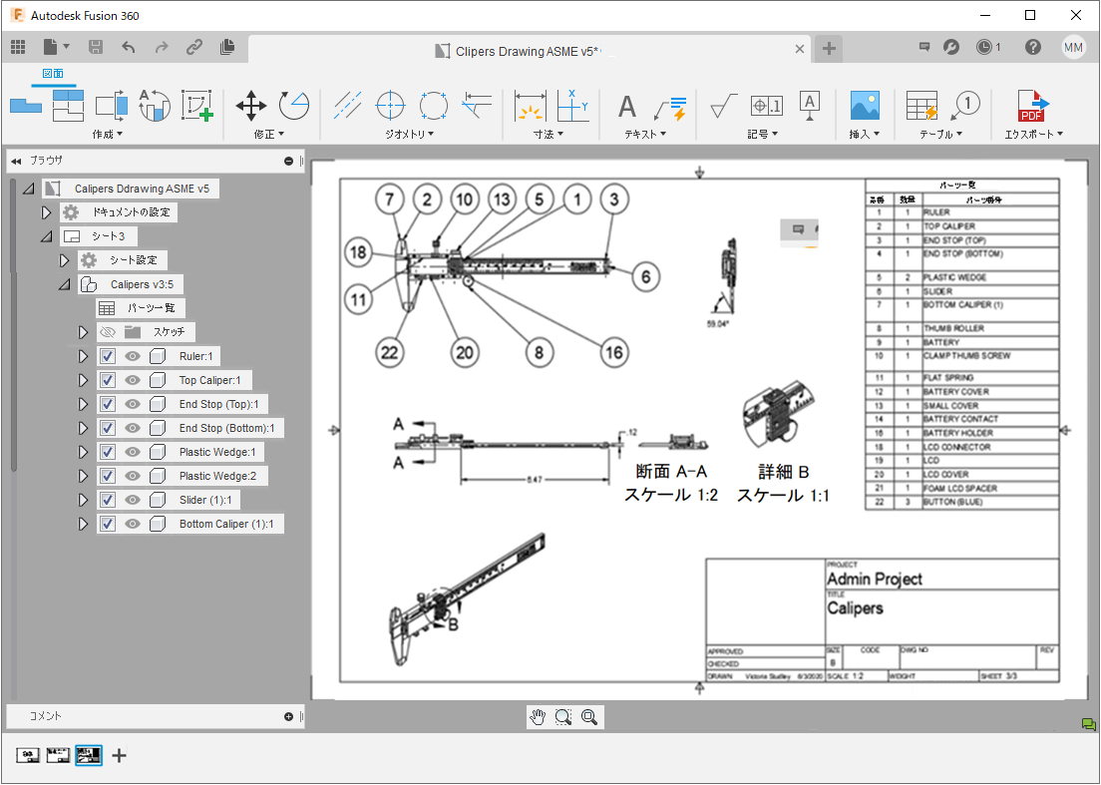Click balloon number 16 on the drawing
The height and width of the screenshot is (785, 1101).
point(614,350)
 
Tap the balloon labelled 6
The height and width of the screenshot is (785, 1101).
point(645,276)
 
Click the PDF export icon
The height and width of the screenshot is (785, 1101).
point(1031,105)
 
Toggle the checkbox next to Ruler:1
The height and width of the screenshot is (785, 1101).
point(109,356)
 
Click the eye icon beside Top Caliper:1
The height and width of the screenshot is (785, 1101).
point(132,380)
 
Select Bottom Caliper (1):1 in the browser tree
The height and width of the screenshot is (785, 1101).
point(227,524)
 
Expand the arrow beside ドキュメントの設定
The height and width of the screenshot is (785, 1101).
point(46,212)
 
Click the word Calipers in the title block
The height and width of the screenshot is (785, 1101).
point(855,607)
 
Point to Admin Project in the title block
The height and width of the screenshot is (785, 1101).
point(875,579)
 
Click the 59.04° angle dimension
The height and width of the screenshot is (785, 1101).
point(718,324)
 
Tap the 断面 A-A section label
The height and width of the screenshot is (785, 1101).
point(670,472)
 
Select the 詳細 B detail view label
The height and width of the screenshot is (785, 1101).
point(783,472)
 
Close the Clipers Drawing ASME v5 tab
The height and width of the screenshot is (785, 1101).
point(800,49)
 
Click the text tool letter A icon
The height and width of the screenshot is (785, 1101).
point(627,106)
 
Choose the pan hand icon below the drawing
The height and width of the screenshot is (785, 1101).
point(539,716)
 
